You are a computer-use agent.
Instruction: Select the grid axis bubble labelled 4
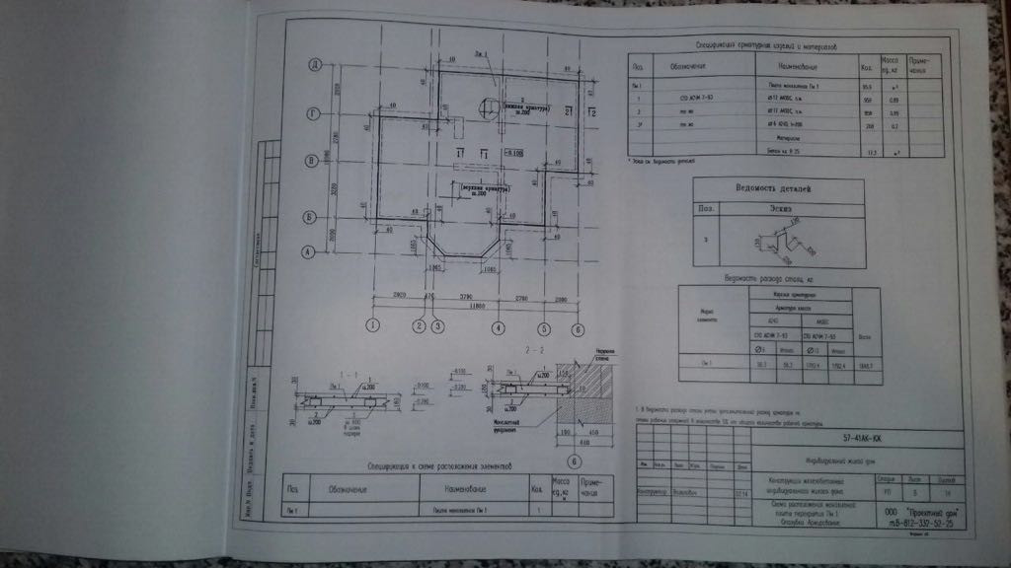click(x=498, y=328)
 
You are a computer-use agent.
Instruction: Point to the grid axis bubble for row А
click(x=308, y=251)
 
